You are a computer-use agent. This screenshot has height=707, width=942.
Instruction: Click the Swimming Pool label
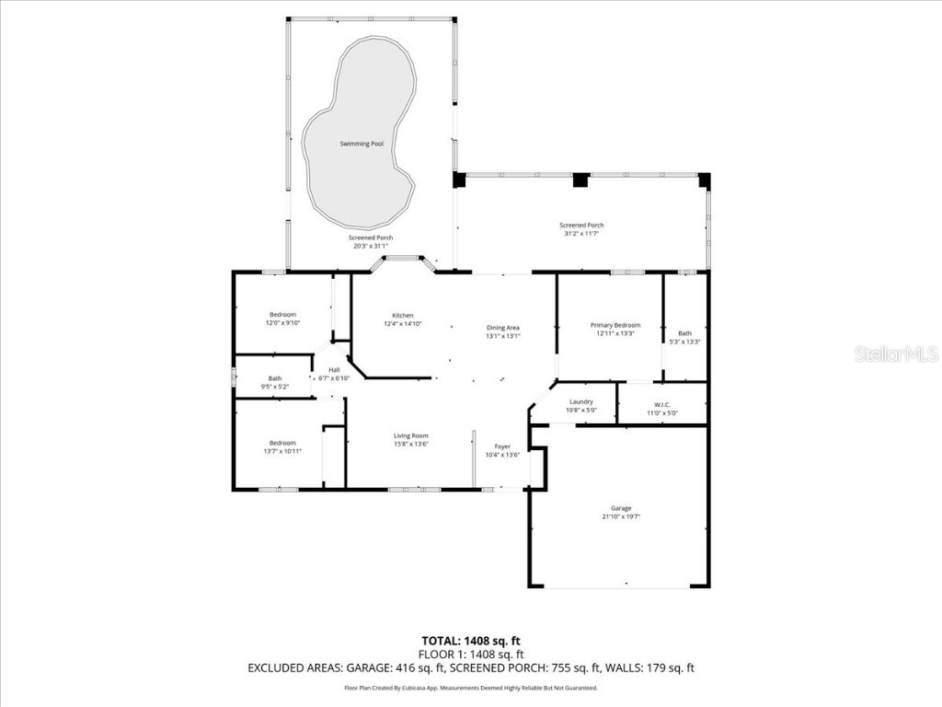tap(362, 144)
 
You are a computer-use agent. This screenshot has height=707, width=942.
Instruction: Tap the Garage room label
tap(621, 508)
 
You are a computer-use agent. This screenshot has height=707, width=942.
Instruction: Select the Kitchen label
tap(402, 316)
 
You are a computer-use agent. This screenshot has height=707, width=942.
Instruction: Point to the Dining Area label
tap(503, 328)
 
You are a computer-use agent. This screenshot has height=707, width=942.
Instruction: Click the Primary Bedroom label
tap(615, 325)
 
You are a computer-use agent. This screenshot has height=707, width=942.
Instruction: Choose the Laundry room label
tap(580, 401)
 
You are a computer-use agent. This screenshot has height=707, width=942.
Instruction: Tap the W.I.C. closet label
tap(662, 404)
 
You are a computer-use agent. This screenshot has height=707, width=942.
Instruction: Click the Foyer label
tap(502, 446)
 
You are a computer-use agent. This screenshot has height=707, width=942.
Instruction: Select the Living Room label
tap(411, 435)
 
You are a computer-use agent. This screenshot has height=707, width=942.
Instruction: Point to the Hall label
tap(334, 370)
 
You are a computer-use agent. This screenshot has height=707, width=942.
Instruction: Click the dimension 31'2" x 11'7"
tap(581, 234)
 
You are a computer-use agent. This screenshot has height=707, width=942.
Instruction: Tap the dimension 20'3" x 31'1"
tap(371, 246)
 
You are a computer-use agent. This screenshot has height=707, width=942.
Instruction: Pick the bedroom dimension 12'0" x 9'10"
tap(282, 323)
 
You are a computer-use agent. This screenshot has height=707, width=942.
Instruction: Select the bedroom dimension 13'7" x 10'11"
tap(282, 451)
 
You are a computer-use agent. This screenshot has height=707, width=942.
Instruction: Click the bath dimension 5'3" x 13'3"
tap(684, 342)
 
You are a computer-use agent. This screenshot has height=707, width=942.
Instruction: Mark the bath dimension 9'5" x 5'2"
tap(276, 387)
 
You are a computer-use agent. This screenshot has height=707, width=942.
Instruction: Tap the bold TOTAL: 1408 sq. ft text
tap(471, 640)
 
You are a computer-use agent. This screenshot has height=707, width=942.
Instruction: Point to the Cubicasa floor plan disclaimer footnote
tap(471, 688)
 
